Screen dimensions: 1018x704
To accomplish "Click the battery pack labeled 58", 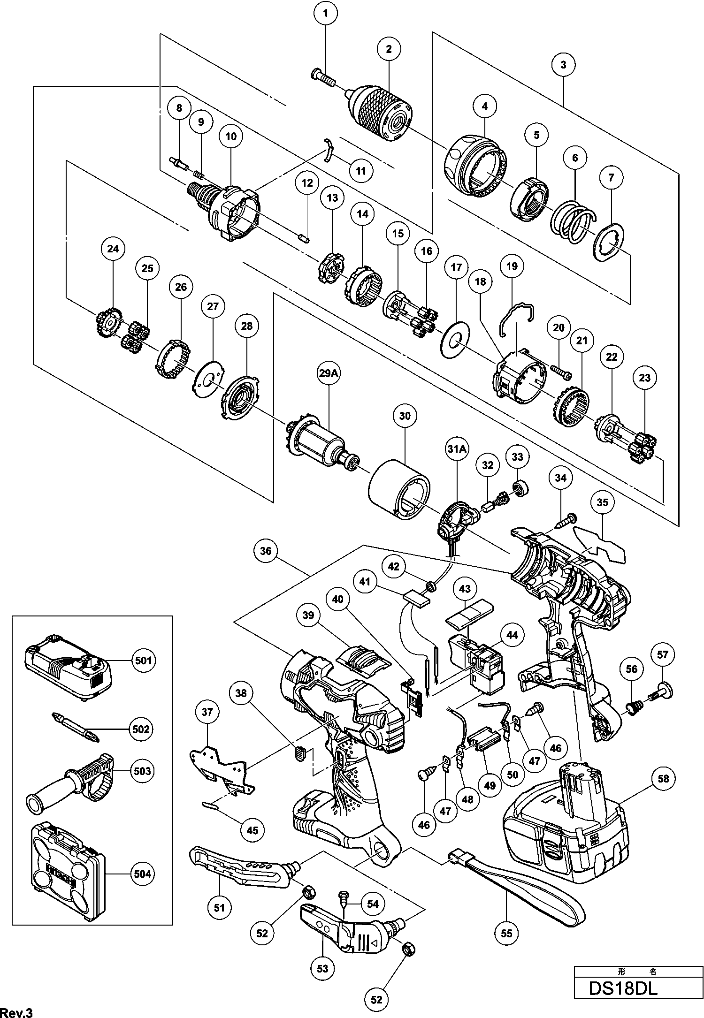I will pyautogui.click(x=566, y=828).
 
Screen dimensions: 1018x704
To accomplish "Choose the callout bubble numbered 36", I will pyautogui.click(x=266, y=551).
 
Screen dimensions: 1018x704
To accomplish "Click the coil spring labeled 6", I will pyautogui.click(x=573, y=222).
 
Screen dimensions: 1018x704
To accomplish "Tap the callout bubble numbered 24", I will pyautogui.click(x=113, y=249).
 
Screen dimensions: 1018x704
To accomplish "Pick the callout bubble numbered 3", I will pyautogui.click(x=563, y=64).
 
